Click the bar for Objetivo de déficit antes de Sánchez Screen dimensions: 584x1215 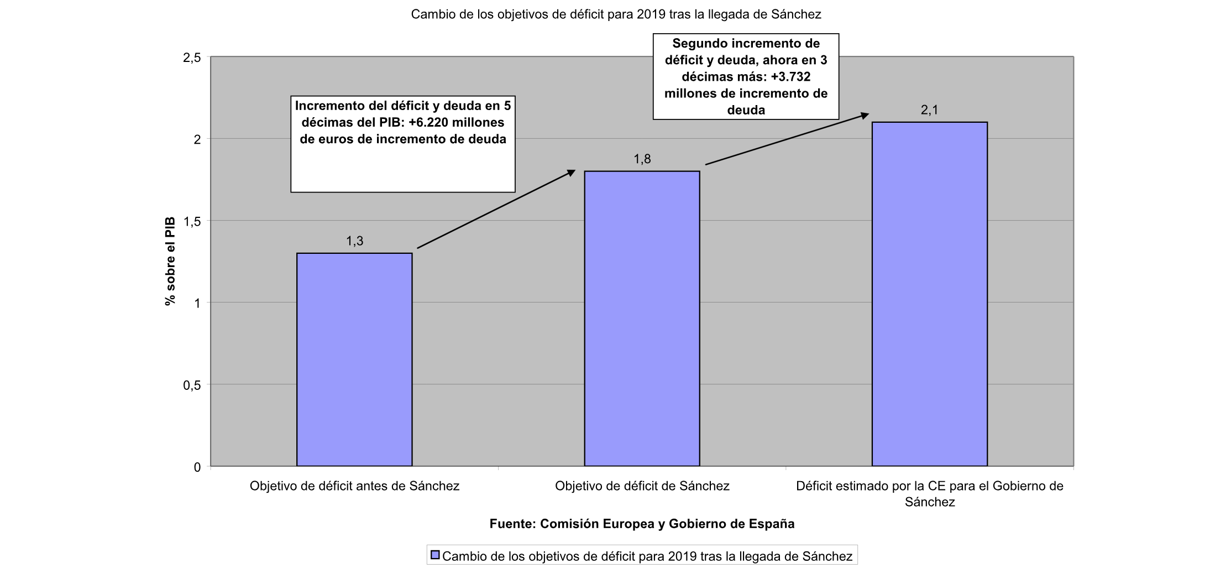tap(354, 359)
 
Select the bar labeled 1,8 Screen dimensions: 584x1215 tap(642, 319)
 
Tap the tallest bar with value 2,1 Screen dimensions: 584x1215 tap(929, 294)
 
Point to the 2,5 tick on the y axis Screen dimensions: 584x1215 tap(192, 58)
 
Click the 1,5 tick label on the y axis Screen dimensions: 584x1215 tap(192, 221)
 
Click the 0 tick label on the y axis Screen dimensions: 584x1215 tap(197, 467)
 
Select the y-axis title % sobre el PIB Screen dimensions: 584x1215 tap(170, 261)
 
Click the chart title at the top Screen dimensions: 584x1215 tap(616, 14)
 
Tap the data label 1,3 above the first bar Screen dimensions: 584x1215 tap(354, 241)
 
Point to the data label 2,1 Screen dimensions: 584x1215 tap(929, 110)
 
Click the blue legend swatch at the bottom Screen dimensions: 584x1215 tap(435, 555)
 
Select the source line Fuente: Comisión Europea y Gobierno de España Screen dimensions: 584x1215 tap(642, 524)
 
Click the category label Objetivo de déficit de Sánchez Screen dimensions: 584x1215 tap(642, 486)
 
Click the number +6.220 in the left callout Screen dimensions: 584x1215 tap(429, 122)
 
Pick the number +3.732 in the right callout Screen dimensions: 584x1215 tap(791, 77)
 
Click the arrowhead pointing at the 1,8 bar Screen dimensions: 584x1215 tap(572, 173)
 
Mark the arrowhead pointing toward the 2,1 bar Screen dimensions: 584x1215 tap(865, 115)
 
